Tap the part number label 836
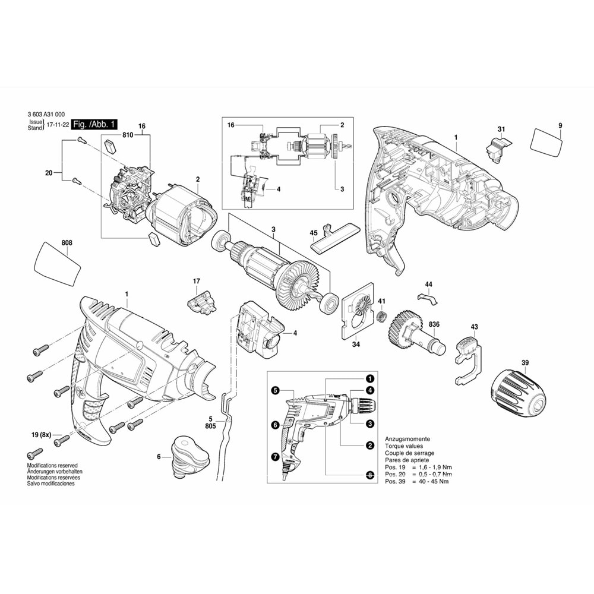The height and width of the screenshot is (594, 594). [x=434, y=324]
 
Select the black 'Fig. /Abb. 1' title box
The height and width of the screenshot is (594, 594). [x=94, y=124]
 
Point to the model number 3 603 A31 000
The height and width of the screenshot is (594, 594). [x=46, y=115]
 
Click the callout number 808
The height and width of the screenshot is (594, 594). [x=67, y=243]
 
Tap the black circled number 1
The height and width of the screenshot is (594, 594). [x=369, y=378]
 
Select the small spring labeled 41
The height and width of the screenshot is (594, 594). [x=382, y=315]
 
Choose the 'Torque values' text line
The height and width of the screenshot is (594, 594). [x=404, y=446]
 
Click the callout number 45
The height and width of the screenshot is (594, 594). [x=314, y=233]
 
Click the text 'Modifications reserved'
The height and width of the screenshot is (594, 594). [x=52, y=465]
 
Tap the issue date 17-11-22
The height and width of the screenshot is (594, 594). [x=58, y=124]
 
